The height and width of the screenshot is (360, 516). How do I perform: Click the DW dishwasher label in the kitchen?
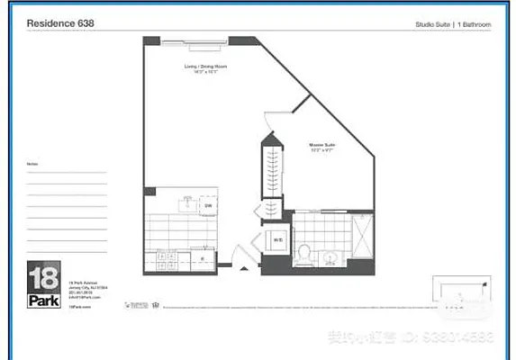[x=207, y=206]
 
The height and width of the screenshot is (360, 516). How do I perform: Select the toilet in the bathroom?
[x=304, y=251]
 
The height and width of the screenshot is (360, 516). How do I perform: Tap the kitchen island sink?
[x=187, y=204]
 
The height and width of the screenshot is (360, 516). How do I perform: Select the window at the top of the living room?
[x=195, y=39]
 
